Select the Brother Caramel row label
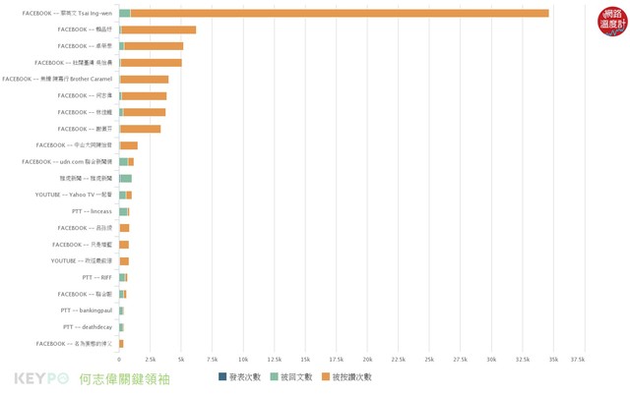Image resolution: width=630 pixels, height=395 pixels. (x=58, y=79)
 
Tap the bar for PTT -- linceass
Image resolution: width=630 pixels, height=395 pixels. (x=124, y=211)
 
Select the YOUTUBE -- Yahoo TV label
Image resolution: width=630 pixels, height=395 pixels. (x=75, y=195)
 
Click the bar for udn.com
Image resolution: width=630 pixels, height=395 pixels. (x=126, y=161)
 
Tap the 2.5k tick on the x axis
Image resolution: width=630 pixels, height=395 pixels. (x=150, y=360)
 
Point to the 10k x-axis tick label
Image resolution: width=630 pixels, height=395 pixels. (x=243, y=360)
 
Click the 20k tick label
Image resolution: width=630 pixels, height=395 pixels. (x=367, y=360)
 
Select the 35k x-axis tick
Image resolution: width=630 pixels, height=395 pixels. (x=553, y=360)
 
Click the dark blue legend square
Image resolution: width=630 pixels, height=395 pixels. (x=222, y=377)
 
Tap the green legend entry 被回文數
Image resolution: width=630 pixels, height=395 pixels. (x=290, y=377)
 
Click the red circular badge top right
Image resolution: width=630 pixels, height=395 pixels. (x=611, y=21)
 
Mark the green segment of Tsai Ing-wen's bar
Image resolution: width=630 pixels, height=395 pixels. (x=125, y=13)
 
